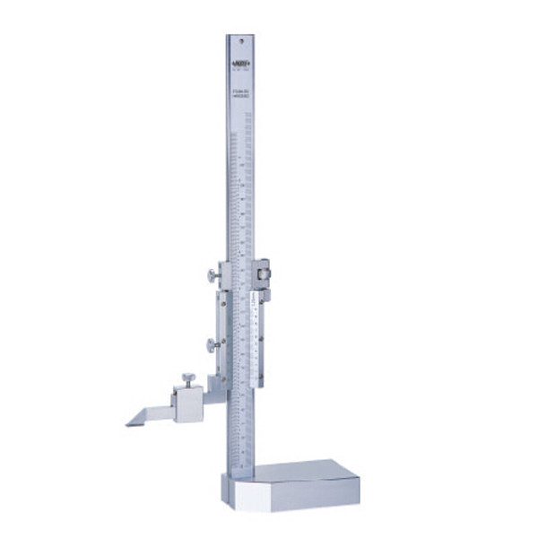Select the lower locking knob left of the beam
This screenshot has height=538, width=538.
[x=210, y=344]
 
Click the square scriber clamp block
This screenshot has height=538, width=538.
[x=188, y=404]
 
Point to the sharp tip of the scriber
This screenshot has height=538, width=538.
[x=128, y=424]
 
